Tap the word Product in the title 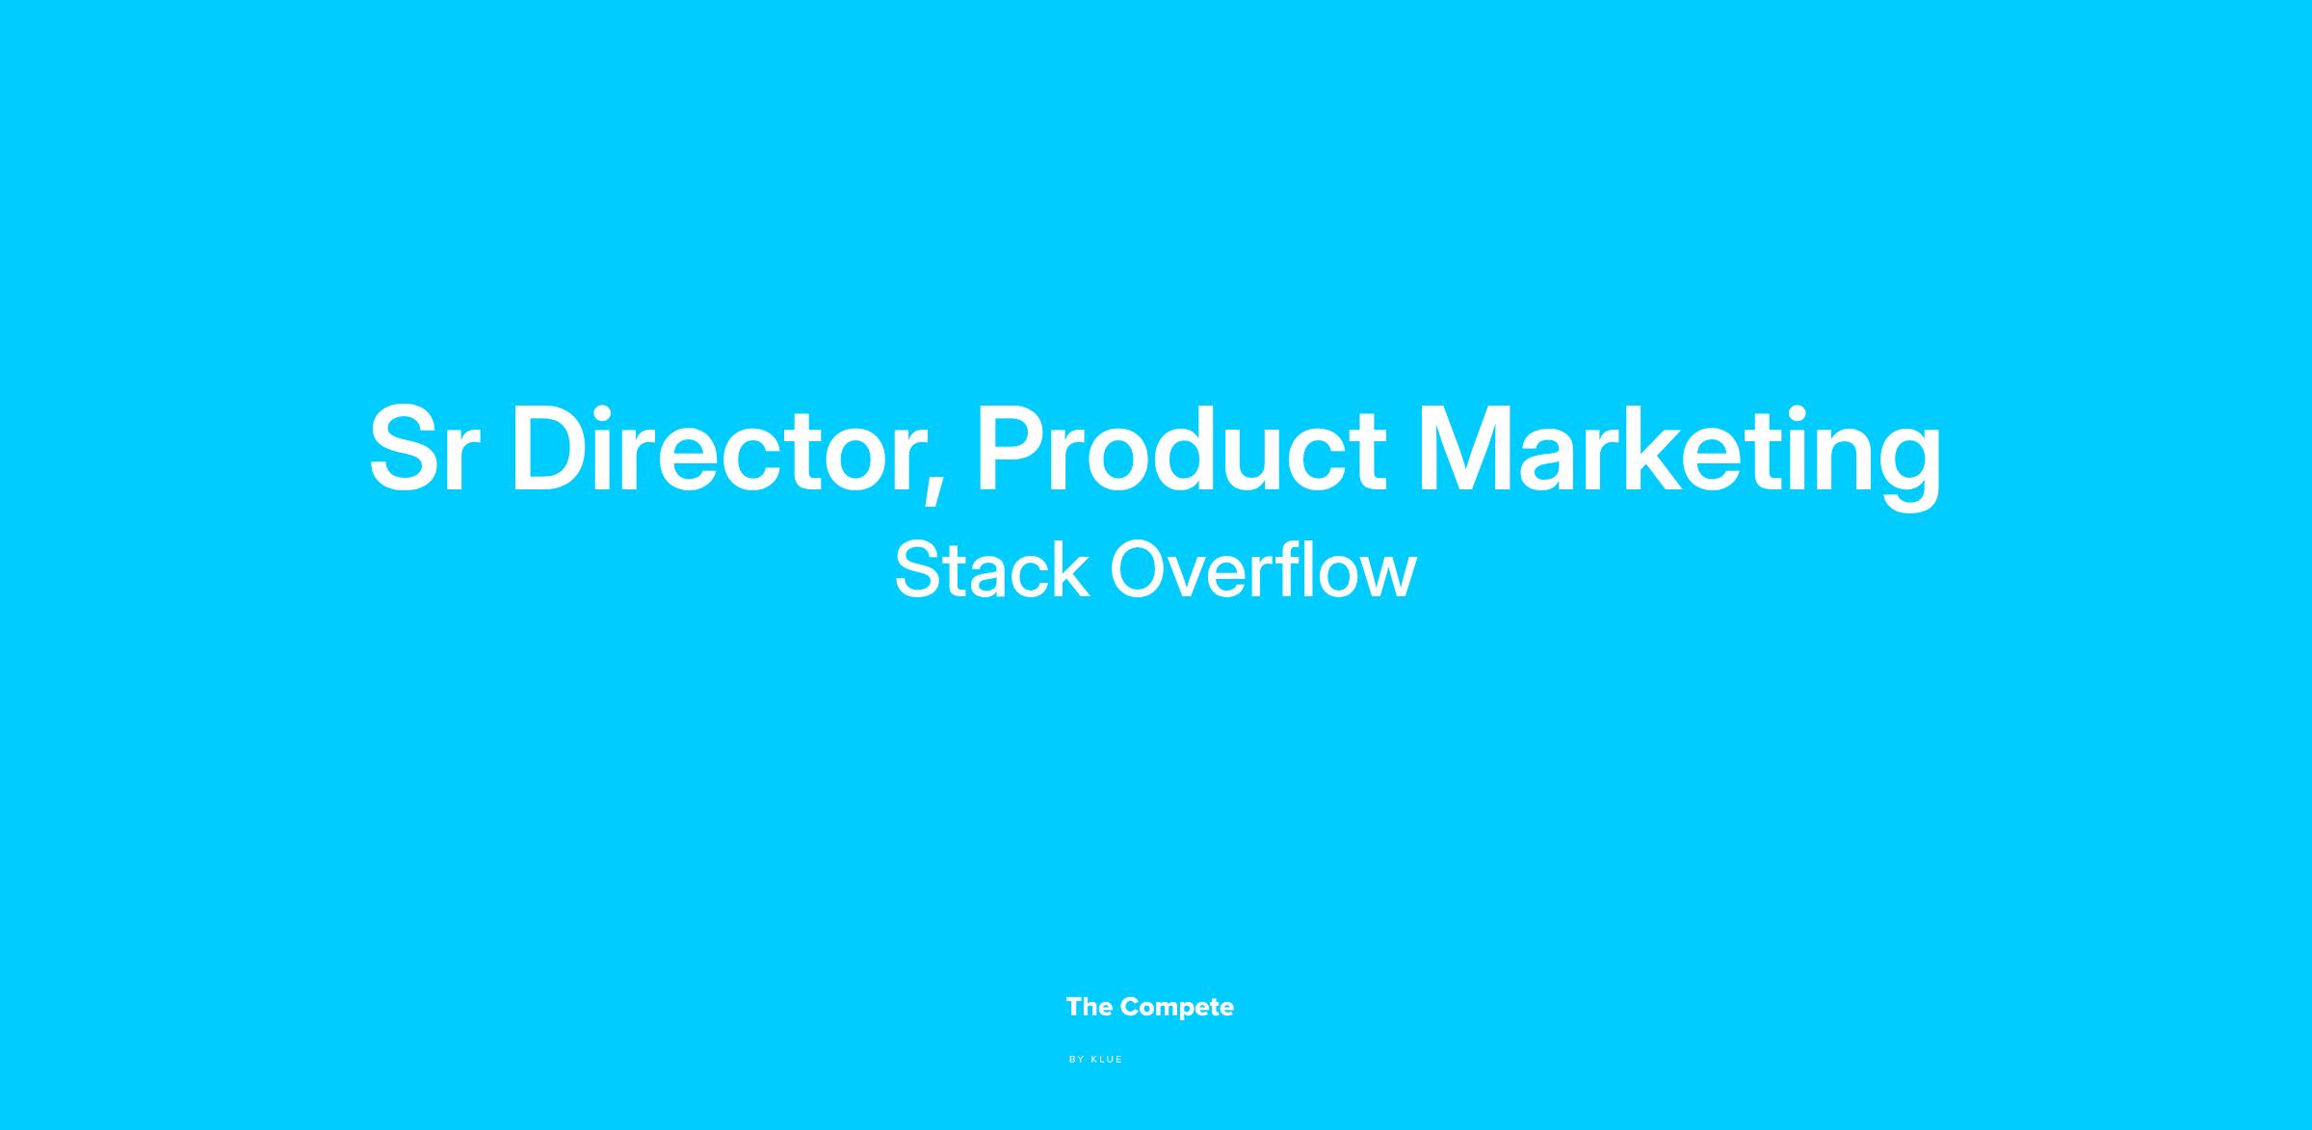[x=1181, y=448]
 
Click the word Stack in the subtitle [x=992, y=569]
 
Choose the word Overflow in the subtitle [x=1264, y=569]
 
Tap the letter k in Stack [x=1069, y=569]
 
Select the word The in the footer [x=1090, y=1007]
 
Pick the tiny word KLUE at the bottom [x=1107, y=1060]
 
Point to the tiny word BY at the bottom [x=1077, y=1060]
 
